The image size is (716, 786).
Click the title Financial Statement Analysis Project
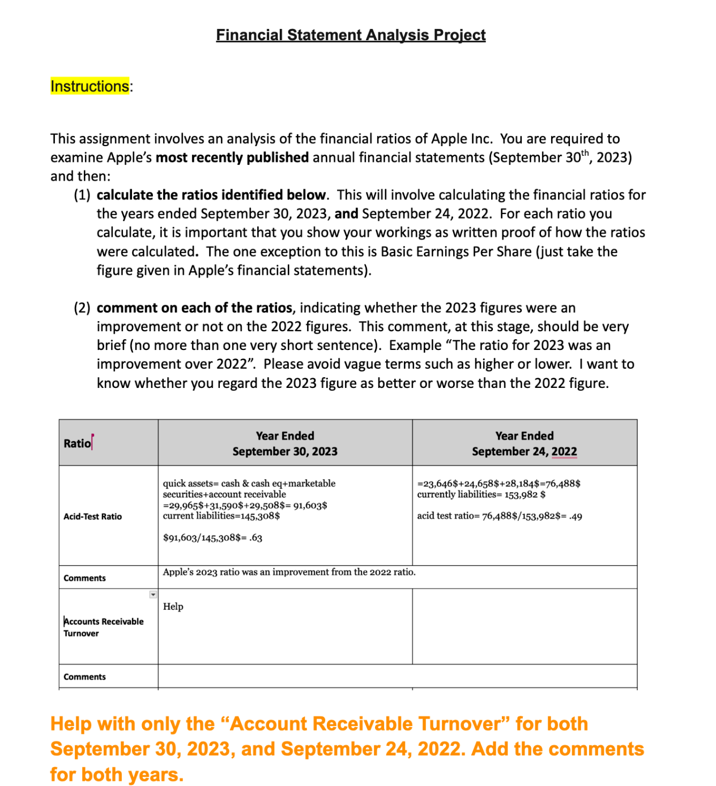click(351, 35)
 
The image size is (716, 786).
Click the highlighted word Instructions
click(89, 86)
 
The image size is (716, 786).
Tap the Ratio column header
click(77, 443)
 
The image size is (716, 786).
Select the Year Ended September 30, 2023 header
click(284, 443)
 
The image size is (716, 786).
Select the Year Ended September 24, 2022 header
click(524, 443)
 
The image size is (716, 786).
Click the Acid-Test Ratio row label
click(92, 516)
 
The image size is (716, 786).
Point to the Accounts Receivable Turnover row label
click(103, 627)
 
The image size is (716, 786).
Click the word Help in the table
click(173, 606)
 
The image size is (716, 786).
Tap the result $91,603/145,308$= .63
click(212, 538)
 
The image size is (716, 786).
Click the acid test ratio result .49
click(576, 516)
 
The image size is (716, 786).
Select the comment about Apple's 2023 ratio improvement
click(289, 572)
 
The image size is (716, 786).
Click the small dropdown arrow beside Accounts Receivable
click(153, 594)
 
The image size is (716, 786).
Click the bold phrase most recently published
click(232, 157)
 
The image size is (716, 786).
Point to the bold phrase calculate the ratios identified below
click(211, 195)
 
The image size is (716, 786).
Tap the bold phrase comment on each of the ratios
click(194, 308)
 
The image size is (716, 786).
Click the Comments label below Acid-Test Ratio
click(84, 578)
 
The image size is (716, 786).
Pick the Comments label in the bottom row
click(84, 677)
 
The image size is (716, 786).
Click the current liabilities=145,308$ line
click(221, 516)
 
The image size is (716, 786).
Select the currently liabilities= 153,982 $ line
click(481, 494)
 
